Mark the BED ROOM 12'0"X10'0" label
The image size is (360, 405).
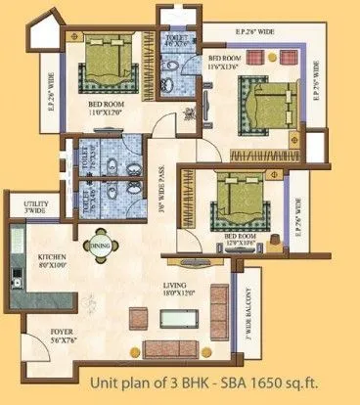(241, 239)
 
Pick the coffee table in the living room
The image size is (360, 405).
(180, 319)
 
